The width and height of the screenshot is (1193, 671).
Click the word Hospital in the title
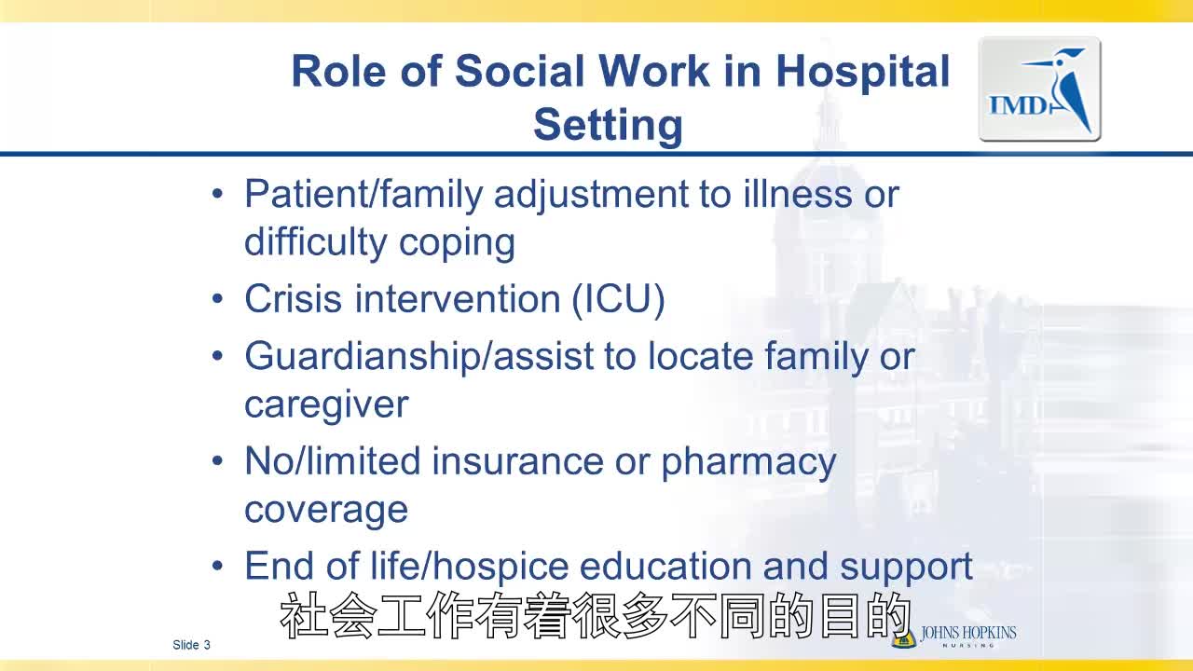[863, 73]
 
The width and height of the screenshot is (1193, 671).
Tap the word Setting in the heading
[608, 126]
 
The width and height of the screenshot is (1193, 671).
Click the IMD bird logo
[1039, 89]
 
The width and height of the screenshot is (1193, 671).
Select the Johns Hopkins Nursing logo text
[968, 636]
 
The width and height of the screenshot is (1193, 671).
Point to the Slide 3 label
[191, 645]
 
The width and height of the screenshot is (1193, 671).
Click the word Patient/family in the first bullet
[363, 196]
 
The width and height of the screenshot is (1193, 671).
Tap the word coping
[457, 244]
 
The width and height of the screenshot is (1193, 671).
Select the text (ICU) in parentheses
[618, 299]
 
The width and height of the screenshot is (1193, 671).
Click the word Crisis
[293, 299]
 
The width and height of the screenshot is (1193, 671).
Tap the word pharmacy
[748, 463]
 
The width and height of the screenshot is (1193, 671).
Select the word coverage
[326, 511]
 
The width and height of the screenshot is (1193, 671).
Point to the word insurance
[517, 461]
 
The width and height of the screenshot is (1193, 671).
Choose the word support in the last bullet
[906, 568]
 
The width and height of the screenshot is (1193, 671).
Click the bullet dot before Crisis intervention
[217, 299]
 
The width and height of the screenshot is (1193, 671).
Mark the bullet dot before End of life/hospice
[217, 566]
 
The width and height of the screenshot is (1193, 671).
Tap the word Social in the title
[519, 72]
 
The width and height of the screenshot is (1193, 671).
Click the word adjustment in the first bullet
[591, 196]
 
